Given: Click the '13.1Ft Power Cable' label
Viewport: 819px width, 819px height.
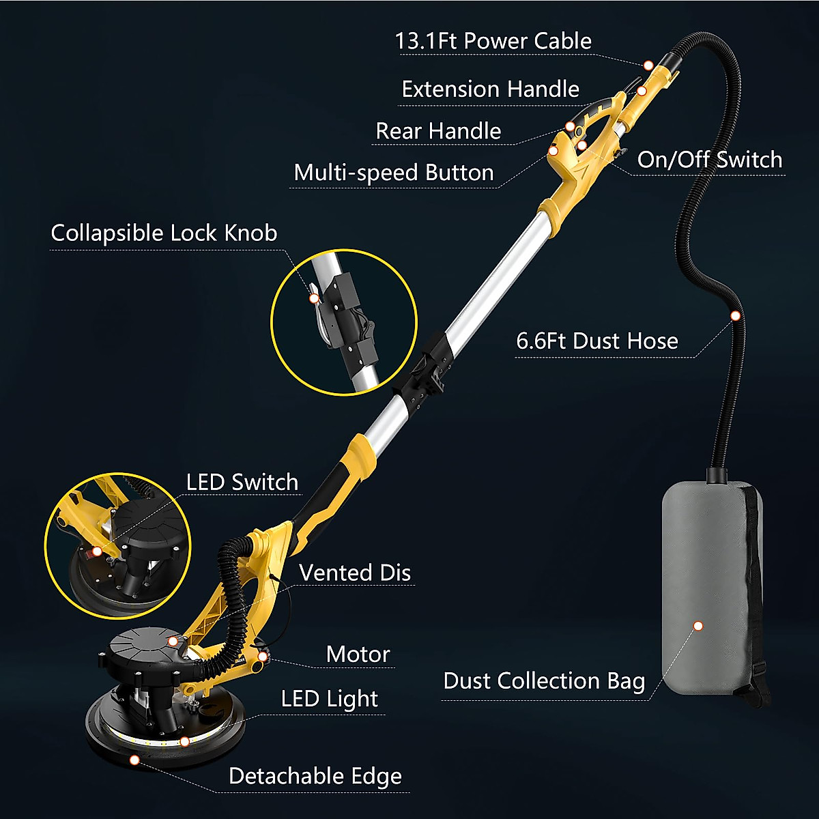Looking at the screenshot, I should pyautogui.click(x=493, y=41).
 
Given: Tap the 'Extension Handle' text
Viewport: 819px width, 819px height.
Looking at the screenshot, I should pyautogui.click(x=490, y=89).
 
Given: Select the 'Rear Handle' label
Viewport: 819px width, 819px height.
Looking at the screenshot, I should pyautogui.click(x=438, y=131).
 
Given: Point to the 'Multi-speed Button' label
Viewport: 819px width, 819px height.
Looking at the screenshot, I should pyautogui.click(x=394, y=173).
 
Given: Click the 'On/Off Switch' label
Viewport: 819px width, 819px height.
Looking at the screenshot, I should pyautogui.click(x=710, y=160).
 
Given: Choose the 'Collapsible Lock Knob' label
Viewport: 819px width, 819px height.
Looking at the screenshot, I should pyautogui.click(x=164, y=233).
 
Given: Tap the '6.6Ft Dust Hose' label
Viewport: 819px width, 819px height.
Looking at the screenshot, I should pyautogui.click(x=597, y=341).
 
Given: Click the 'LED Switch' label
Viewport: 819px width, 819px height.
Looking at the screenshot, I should pyautogui.click(x=242, y=483).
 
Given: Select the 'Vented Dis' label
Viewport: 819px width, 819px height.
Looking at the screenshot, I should pyautogui.click(x=355, y=573).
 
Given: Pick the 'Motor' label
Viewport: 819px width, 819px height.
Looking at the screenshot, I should pyautogui.click(x=358, y=655).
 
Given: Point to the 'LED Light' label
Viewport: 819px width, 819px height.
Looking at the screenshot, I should pyautogui.click(x=329, y=699).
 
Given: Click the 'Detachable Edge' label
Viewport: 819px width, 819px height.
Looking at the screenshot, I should pyautogui.click(x=315, y=776).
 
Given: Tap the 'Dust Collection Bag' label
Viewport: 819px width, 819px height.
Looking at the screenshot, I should pyautogui.click(x=544, y=681).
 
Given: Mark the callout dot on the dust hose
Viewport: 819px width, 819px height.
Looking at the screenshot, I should pyautogui.click(x=735, y=316).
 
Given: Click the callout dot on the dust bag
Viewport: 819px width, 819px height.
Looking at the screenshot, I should pyautogui.click(x=698, y=626).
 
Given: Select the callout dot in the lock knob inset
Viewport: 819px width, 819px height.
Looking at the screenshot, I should pyautogui.click(x=314, y=298).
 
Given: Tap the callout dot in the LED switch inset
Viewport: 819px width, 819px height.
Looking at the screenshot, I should pyautogui.click(x=97, y=551).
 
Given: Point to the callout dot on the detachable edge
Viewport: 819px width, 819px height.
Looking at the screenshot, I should pyautogui.click(x=134, y=760).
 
